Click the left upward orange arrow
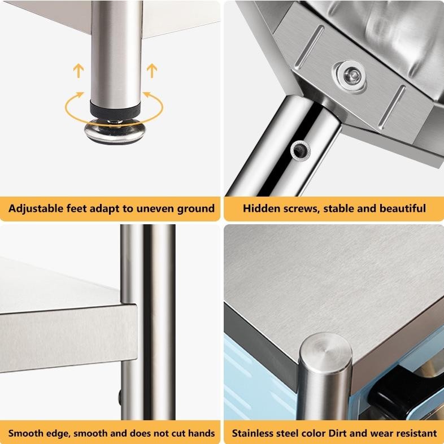(78, 71)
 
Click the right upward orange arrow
(151, 71)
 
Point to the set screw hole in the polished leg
(299, 150)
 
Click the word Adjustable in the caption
(34, 208)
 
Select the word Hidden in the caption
(261, 208)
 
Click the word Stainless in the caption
(254, 434)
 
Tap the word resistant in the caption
(415, 434)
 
